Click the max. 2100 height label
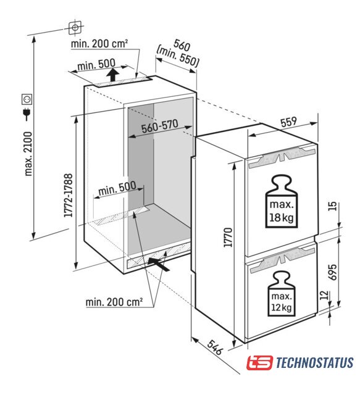(x=28, y=154)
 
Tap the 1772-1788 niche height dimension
(x=69, y=195)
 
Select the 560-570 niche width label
(x=159, y=126)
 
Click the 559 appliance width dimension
(x=288, y=122)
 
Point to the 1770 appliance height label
(x=228, y=237)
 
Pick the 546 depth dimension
(x=216, y=347)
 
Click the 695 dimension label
(x=332, y=272)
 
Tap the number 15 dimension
(x=333, y=206)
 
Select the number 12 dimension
(x=325, y=295)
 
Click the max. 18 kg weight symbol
(x=282, y=202)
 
